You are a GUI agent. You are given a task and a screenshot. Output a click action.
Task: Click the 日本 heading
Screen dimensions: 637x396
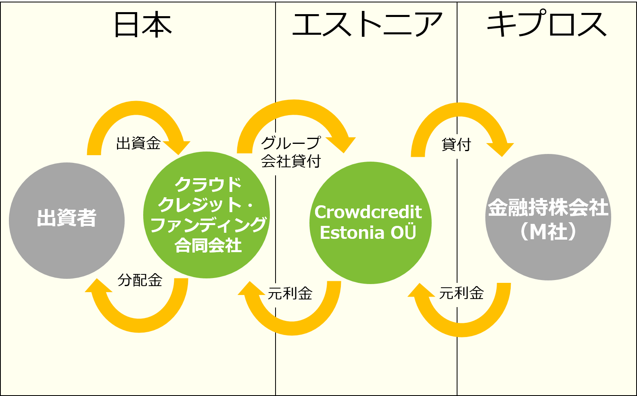[x=143, y=25]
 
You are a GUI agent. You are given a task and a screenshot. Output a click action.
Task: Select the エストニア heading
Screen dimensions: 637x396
[x=367, y=25]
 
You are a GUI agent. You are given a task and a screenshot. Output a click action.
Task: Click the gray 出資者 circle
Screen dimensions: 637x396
[x=67, y=221]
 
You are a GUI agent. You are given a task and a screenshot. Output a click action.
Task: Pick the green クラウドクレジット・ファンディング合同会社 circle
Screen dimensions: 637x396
[x=207, y=215]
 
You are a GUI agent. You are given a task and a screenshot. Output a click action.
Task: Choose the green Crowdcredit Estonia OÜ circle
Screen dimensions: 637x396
[x=370, y=223]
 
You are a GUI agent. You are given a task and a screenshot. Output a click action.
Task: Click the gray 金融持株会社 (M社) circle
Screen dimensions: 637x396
[x=548, y=217]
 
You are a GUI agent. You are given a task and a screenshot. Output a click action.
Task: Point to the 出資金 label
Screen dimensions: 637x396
[x=138, y=143]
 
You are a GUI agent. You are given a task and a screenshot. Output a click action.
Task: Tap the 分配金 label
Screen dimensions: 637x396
[x=140, y=280]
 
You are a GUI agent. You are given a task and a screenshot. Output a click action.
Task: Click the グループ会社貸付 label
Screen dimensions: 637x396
[x=291, y=152]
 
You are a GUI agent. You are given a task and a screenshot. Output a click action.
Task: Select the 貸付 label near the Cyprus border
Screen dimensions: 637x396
[x=456, y=144]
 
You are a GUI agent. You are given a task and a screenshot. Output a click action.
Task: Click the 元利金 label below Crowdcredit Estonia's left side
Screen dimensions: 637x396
[x=290, y=293]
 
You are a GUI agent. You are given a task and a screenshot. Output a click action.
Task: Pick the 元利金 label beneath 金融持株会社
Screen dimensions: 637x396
[x=461, y=293]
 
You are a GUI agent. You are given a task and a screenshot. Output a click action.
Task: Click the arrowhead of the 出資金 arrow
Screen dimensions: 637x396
[x=177, y=147]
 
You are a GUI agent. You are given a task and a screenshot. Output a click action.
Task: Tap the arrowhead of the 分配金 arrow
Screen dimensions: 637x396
[x=98, y=286]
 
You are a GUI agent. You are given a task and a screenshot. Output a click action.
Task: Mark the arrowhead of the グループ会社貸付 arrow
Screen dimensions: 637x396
[x=341, y=145]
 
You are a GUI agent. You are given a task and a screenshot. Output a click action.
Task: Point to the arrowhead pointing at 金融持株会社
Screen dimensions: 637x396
[x=501, y=149]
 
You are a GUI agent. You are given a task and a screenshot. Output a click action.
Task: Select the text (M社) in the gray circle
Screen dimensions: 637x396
[x=548, y=232]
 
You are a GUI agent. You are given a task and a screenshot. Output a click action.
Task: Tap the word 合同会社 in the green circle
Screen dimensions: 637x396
[x=208, y=245]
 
